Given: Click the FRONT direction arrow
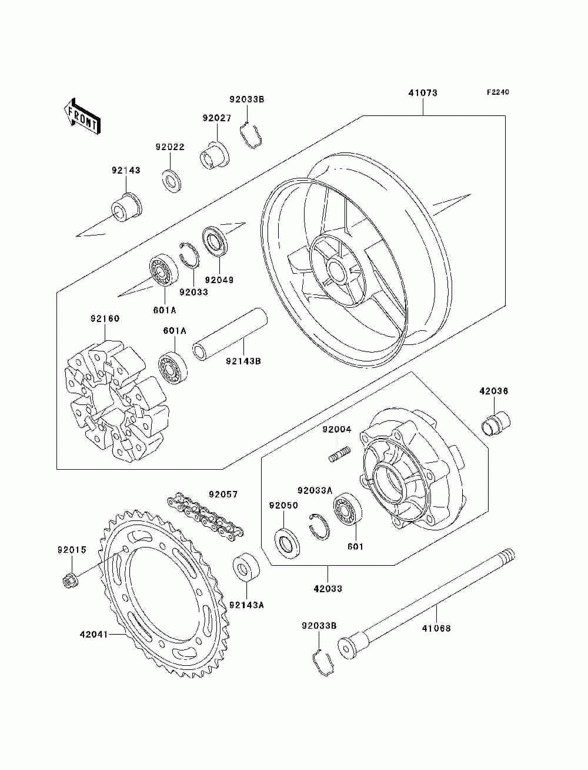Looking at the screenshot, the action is click(x=82, y=115).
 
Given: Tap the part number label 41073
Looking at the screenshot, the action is click(x=423, y=93).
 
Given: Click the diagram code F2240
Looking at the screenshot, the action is click(x=497, y=92).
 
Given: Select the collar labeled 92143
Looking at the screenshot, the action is click(x=127, y=207).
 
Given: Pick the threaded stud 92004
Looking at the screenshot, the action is click(x=339, y=454).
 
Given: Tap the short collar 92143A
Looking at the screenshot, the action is click(x=246, y=570).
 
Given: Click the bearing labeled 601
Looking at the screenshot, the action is click(x=348, y=511).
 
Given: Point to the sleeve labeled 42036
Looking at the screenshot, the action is click(x=496, y=423).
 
